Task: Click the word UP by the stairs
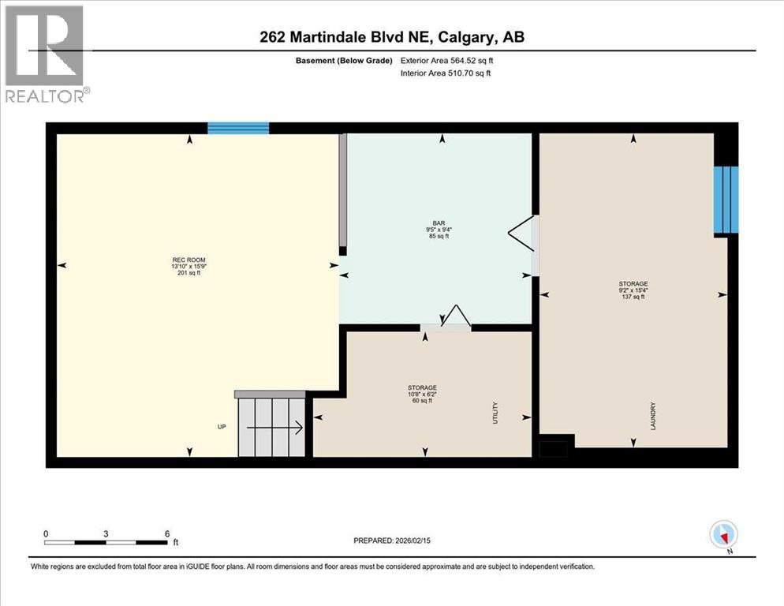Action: [x=222, y=427]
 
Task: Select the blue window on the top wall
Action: [x=238, y=129]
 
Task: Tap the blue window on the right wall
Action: [x=726, y=200]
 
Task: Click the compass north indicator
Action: [x=723, y=535]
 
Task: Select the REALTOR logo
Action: [x=47, y=54]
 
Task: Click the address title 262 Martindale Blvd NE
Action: [x=391, y=37]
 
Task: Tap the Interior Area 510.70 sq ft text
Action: [x=445, y=73]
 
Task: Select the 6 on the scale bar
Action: [x=166, y=533]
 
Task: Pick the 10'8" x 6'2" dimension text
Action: [x=422, y=395]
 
